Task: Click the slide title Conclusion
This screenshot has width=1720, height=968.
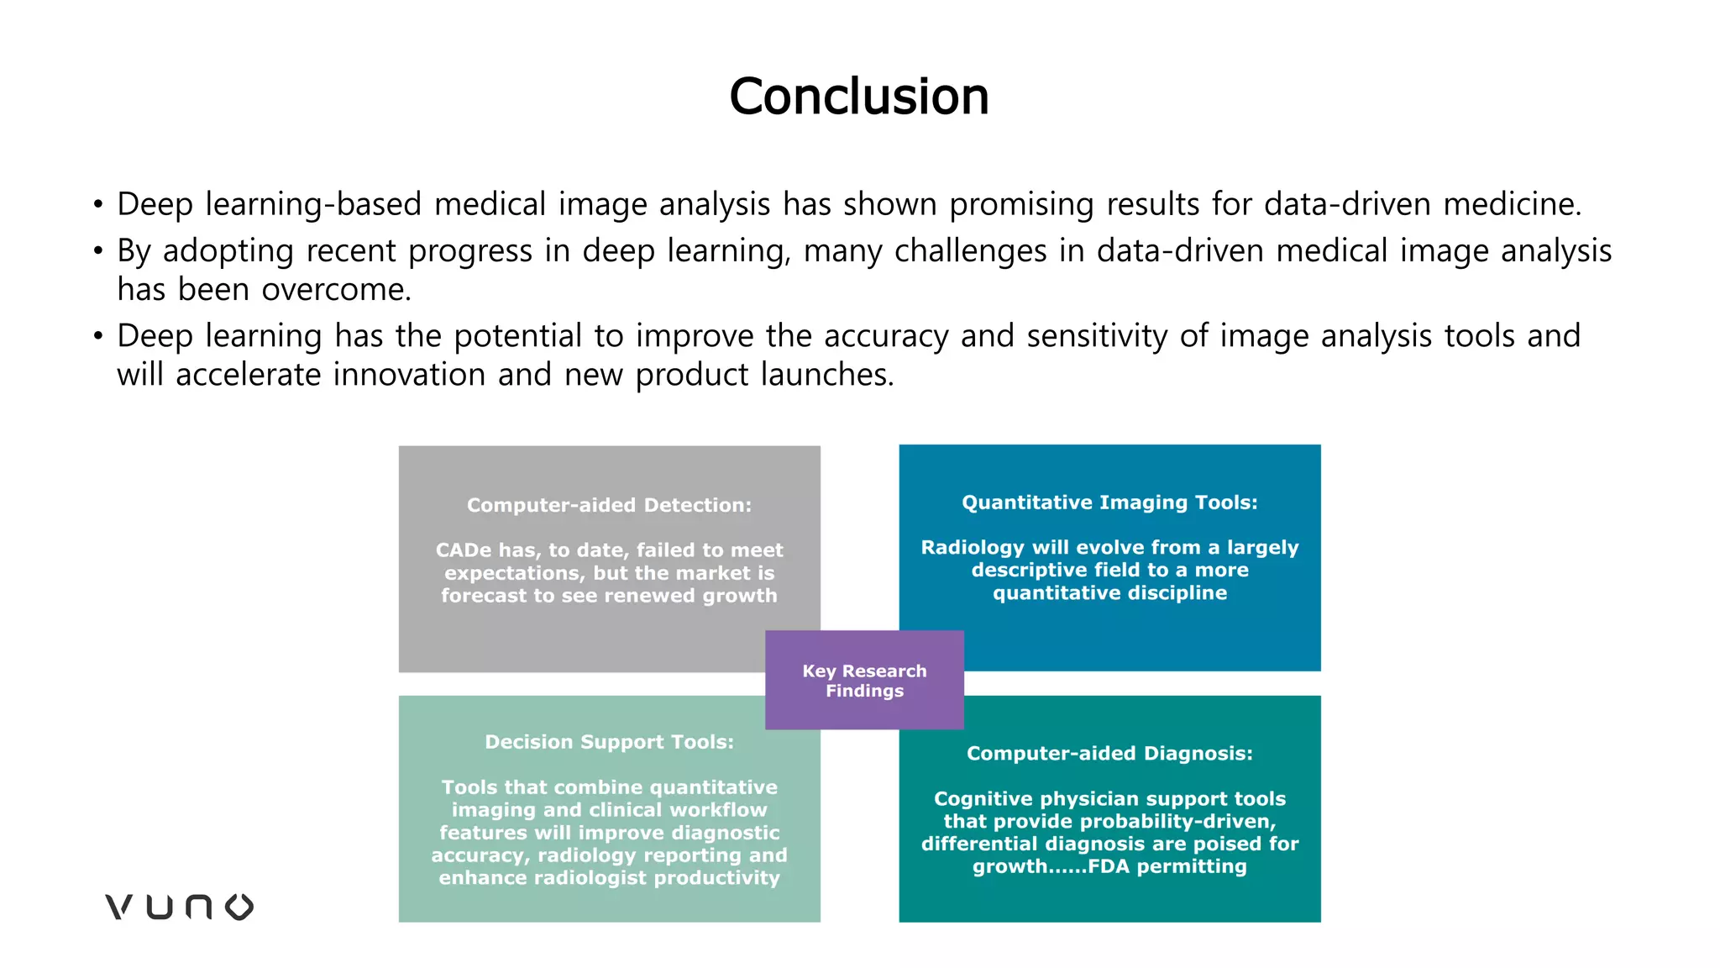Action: pyautogui.click(x=858, y=96)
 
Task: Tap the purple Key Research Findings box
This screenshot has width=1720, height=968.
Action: pyautogui.click(x=864, y=681)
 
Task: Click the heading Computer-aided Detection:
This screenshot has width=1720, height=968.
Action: pyautogui.click(x=609, y=505)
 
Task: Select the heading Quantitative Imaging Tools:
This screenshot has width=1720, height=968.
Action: pyautogui.click(x=1109, y=502)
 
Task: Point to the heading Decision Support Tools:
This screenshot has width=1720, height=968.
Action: pyautogui.click(x=609, y=742)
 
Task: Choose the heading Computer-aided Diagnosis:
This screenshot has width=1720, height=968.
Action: pyautogui.click(x=1109, y=754)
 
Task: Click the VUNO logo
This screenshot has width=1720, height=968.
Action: pyautogui.click(x=179, y=907)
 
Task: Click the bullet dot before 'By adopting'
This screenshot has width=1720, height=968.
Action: pyautogui.click(x=98, y=250)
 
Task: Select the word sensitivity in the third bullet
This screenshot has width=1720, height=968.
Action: pyautogui.click(x=1097, y=336)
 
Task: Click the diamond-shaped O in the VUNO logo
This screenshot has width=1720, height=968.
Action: pyautogui.click(x=239, y=907)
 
